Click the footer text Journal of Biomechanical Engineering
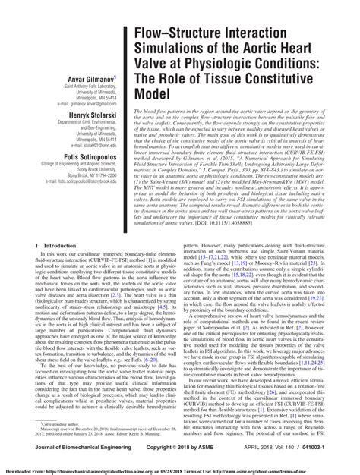pos(69,453)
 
